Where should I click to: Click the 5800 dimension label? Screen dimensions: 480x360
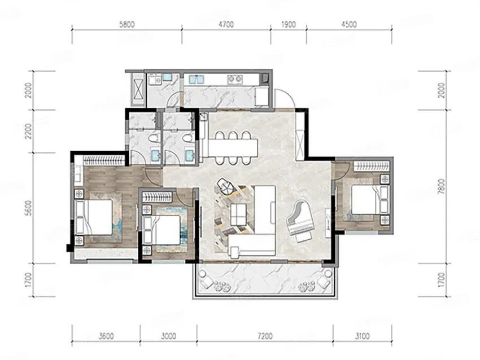pyautogui.click(x=126, y=24)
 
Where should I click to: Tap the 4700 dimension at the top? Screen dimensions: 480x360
pyautogui.click(x=226, y=24)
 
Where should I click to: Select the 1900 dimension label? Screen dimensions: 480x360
pyautogui.click(x=288, y=24)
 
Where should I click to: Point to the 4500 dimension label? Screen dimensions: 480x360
pyautogui.click(x=349, y=24)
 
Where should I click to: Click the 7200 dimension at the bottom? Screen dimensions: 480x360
pyautogui.click(x=265, y=336)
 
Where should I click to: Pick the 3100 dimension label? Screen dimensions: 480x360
pyautogui.click(x=362, y=336)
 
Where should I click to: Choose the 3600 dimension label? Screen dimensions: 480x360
pyautogui.click(x=106, y=336)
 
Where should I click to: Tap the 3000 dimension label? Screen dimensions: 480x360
pyautogui.click(x=168, y=336)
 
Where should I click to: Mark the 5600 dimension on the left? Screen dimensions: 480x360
pyautogui.click(x=28, y=208)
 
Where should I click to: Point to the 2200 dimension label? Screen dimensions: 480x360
pyautogui.click(x=28, y=131)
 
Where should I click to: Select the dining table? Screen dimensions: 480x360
pyautogui.click(x=232, y=147)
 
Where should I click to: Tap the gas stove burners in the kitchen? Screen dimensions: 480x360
pyautogui.click(x=235, y=80)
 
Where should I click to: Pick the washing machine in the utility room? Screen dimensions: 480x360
pyautogui.click(x=155, y=80)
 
